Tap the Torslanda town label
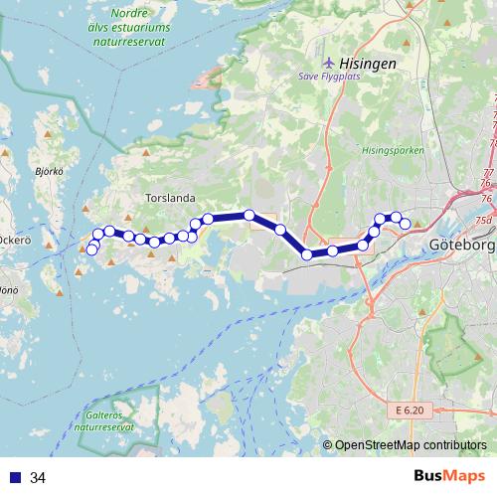pos(170,198)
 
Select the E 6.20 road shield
pos(408,409)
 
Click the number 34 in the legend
pos(38,478)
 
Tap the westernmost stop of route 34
pos(91,249)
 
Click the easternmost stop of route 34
pos(405,224)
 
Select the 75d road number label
pos(483,220)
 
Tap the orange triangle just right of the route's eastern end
pos(417,224)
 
